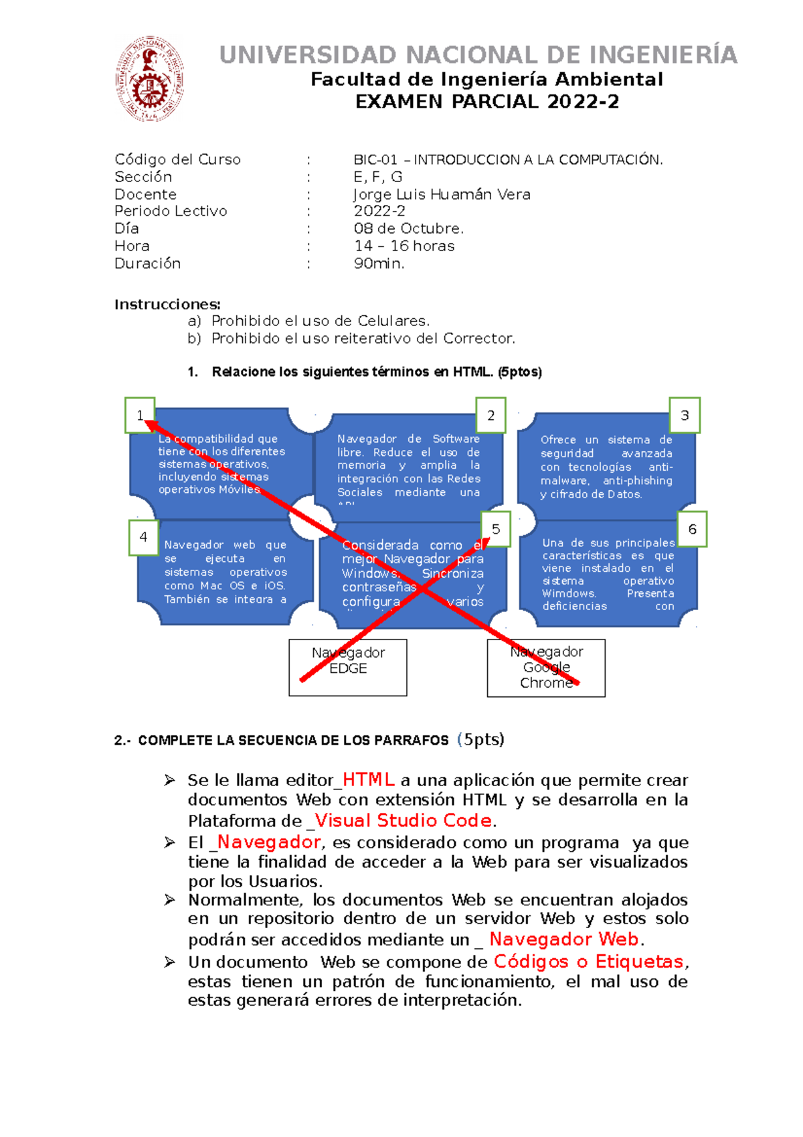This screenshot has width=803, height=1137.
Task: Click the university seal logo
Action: click(150, 79)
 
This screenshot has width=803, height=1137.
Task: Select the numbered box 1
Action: click(140, 415)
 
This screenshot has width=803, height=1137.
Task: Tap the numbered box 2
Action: click(490, 415)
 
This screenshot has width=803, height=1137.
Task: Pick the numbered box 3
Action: click(685, 415)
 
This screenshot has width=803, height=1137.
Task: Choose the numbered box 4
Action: click(143, 537)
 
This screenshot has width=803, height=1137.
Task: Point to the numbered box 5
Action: click(495, 529)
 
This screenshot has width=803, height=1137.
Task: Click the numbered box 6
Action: click(692, 529)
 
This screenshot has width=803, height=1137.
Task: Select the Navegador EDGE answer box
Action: click(348, 667)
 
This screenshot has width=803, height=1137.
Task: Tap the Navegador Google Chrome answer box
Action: click(546, 668)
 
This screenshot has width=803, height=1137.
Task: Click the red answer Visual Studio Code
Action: click(403, 820)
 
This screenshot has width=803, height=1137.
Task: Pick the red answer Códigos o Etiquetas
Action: click(589, 962)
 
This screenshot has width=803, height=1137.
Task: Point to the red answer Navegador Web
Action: click(563, 939)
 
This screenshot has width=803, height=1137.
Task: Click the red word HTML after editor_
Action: click(368, 780)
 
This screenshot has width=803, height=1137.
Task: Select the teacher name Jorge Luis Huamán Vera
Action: click(442, 194)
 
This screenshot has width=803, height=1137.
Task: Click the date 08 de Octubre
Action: click(408, 228)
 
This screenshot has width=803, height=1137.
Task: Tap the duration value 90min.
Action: click(379, 263)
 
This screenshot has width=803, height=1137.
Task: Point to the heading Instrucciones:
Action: click(167, 305)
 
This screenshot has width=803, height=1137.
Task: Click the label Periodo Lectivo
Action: click(171, 211)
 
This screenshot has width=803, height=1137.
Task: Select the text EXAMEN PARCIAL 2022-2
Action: click(487, 102)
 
